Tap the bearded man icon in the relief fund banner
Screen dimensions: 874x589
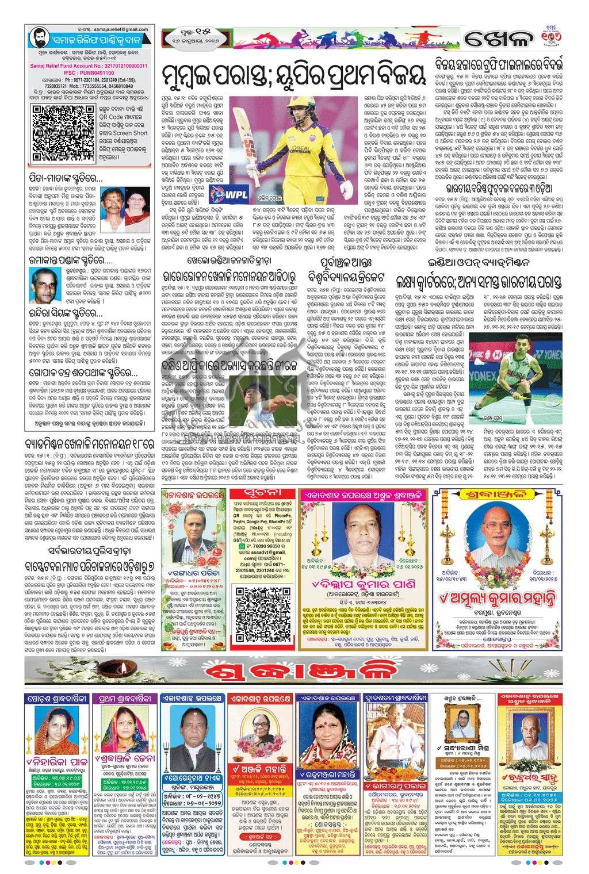click(37, 36)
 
